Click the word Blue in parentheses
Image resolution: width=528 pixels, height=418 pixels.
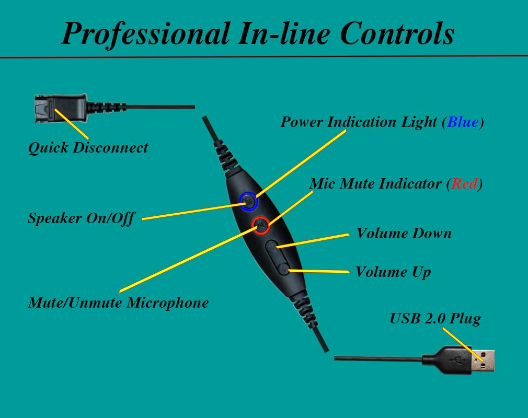(x=463, y=122)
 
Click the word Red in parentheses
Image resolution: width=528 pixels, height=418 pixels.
(x=464, y=184)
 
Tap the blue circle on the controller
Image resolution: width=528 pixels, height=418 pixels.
(x=248, y=200)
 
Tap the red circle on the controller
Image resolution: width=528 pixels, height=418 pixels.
(x=260, y=225)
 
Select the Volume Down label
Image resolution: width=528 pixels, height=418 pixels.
(x=404, y=233)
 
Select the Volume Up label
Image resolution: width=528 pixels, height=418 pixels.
(x=393, y=272)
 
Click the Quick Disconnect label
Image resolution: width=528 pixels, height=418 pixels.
(x=88, y=148)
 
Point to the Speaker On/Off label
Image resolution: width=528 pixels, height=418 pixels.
(x=81, y=218)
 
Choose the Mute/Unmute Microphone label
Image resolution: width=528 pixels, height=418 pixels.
(x=118, y=303)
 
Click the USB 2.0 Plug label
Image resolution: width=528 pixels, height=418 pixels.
(x=435, y=319)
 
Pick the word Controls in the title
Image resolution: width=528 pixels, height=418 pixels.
(x=397, y=33)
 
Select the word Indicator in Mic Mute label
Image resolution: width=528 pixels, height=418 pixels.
(x=402, y=184)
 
